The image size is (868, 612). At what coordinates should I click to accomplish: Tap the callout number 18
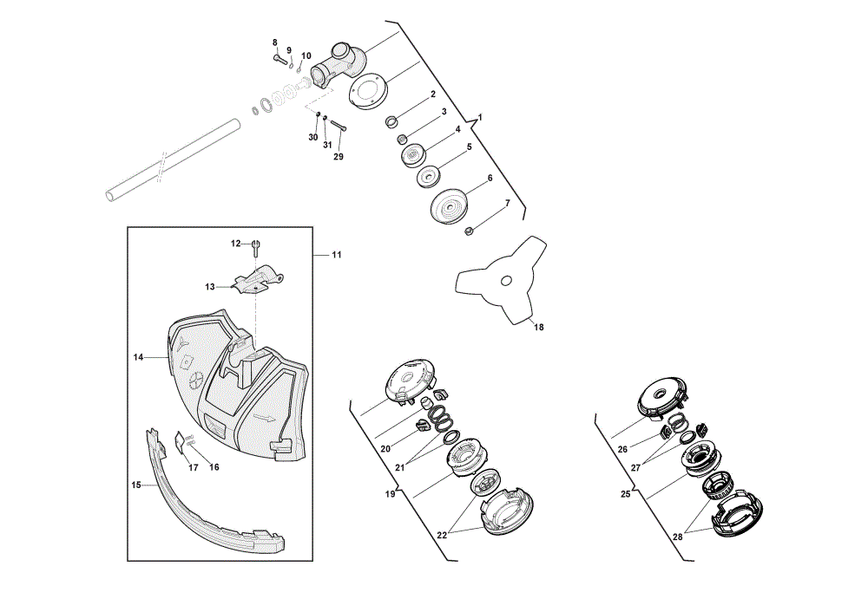(x=539, y=328)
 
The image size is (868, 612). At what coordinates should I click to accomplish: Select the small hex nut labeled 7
(x=468, y=231)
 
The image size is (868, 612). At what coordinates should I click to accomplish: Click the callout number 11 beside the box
(x=337, y=255)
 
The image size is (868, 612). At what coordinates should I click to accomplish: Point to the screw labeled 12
(x=255, y=248)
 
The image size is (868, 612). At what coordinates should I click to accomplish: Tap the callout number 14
(x=138, y=358)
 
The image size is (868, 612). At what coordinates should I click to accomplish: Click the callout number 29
(x=339, y=157)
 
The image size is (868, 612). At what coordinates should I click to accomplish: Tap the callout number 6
(x=490, y=179)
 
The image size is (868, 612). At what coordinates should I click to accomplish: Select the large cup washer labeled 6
(x=449, y=206)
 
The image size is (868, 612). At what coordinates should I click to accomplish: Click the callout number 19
(x=391, y=494)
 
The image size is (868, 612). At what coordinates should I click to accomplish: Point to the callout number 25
(x=626, y=494)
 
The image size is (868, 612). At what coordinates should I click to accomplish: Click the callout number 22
(x=442, y=535)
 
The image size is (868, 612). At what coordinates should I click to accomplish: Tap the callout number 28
(x=678, y=536)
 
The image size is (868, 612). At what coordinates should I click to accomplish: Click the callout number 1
(x=480, y=118)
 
